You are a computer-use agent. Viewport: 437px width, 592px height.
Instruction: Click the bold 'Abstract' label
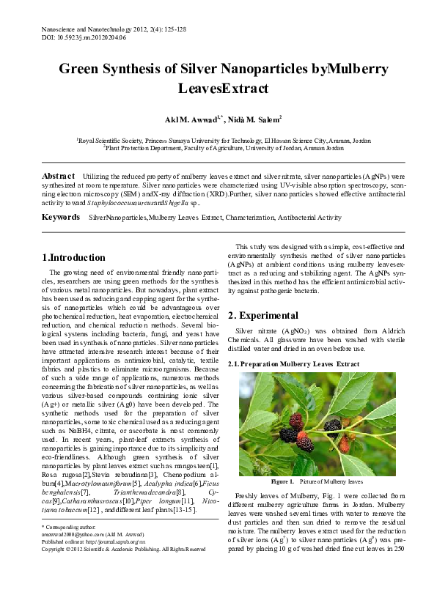tap(59, 177)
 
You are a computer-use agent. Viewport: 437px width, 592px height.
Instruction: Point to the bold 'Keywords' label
tap(61, 218)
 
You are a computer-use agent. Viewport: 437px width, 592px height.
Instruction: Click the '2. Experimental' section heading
tap(263, 315)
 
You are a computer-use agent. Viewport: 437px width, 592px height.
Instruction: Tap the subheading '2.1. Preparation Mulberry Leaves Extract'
tap(294, 363)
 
